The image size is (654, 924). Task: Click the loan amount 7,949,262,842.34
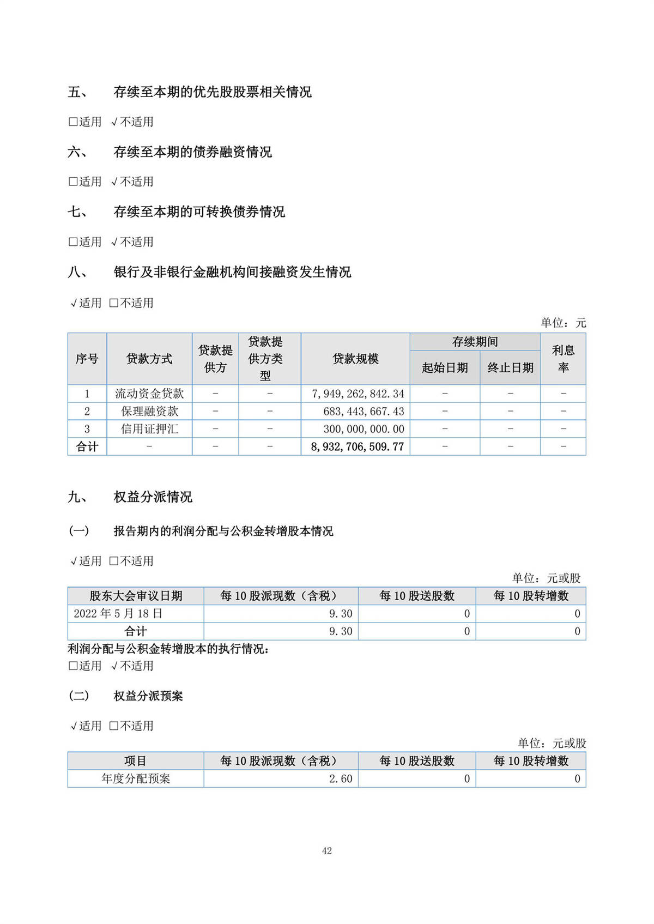click(358, 394)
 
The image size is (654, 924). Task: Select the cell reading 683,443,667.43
click(364, 411)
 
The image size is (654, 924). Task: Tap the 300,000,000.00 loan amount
click(364, 429)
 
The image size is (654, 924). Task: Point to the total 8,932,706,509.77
click(358, 447)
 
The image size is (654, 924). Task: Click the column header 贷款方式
click(149, 359)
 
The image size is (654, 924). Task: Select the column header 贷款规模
click(355, 359)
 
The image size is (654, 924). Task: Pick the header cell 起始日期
click(445, 368)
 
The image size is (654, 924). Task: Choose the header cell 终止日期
click(510, 368)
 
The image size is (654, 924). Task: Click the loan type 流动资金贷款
click(149, 394)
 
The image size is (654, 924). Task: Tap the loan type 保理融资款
click(149, 411)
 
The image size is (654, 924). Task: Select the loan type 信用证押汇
click(149, 429)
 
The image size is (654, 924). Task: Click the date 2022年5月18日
click(118, 614)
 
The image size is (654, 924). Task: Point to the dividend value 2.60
click(341, 779)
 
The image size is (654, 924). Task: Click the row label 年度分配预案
click(136, 779)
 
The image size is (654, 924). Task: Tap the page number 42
click(327, 851)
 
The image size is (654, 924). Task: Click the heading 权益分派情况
click(153, 497)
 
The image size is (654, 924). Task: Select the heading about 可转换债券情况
click(199, 212)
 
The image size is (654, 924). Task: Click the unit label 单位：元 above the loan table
click(563, 323)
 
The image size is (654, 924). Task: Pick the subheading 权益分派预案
click(148, 696)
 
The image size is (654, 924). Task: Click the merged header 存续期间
click(475, 342)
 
